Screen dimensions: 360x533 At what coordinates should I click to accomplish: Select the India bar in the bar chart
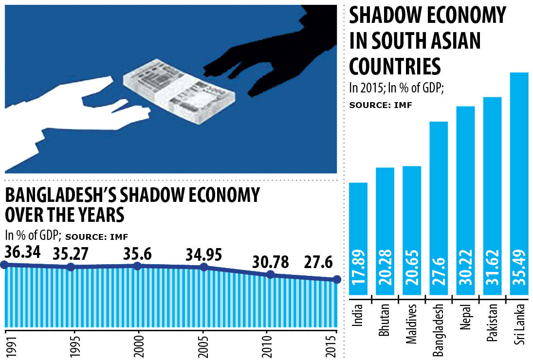(x=359, y=238)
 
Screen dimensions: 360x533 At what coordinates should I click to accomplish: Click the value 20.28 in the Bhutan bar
(x=386, y=275)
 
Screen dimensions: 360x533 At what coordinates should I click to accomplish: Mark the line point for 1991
(x=4, y=265)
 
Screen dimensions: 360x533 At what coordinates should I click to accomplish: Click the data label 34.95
(x=203, y=254)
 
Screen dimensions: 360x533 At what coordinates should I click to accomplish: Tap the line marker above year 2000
(x=137, y=266)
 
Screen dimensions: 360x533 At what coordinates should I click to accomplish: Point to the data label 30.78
(x=271, y=262)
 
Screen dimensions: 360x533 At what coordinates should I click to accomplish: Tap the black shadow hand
(x=273, y=58)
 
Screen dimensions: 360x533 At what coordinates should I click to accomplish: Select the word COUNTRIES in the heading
(x=395, y=66)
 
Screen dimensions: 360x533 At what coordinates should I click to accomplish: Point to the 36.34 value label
(x=22, y=252)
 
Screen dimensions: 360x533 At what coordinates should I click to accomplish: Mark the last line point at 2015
(x=336, y=279)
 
